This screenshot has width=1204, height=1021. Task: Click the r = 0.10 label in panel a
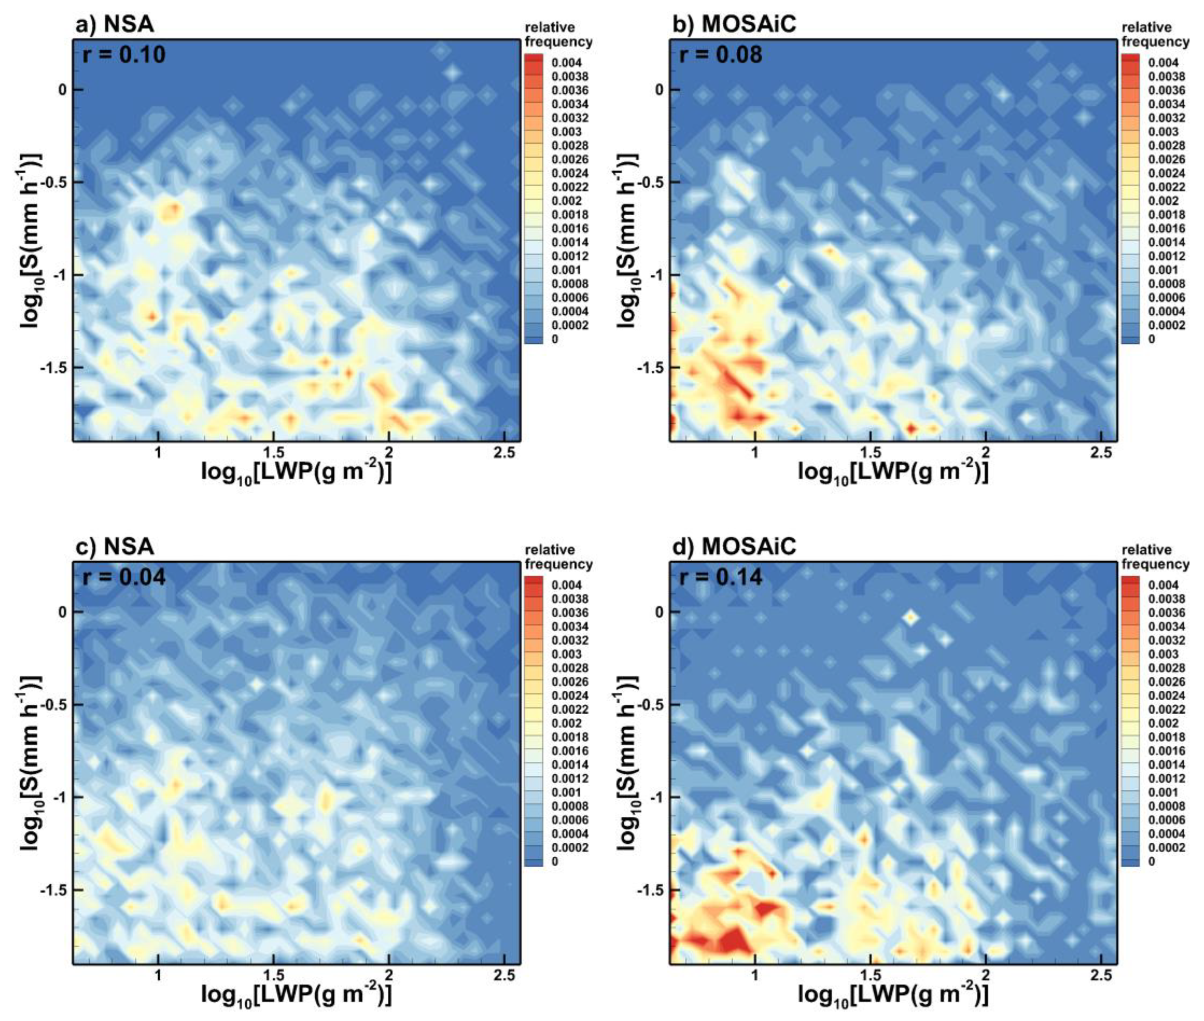[x=124, y=55]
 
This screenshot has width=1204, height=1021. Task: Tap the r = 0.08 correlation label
[x=720, y=55]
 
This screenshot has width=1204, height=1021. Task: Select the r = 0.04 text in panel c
[x=124, y=577]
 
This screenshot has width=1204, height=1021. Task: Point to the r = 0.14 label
[x=720, y=577]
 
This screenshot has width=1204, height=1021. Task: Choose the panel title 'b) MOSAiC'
[x=734, y=24]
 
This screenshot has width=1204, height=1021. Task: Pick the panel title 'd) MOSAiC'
[x=734, y=547]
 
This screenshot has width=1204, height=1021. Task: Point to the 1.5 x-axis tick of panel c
[x=273, y=975]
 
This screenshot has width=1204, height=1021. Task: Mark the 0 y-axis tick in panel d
[x=659, y=612]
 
